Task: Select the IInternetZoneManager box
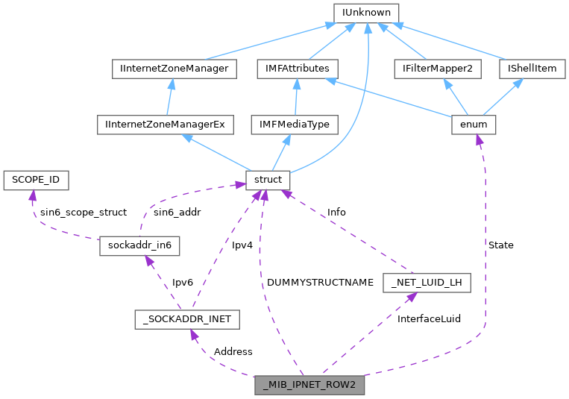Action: point(174,69)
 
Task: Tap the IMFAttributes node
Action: point(297,69)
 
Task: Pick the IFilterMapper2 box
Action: point(438,69)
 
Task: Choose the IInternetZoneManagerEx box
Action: point(166,125)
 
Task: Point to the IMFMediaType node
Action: point(295,125)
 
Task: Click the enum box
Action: point(474,125)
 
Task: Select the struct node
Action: point(268,180)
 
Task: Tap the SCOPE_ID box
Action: point(36,180)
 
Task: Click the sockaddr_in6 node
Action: point(139,245)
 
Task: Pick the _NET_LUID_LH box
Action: point(427,283)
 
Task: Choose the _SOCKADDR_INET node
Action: point(187,319)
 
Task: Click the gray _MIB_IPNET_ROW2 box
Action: point(309,386)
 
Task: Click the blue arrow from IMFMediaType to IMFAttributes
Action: point(296,96)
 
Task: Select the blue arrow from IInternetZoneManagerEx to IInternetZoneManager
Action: point(169,96)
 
